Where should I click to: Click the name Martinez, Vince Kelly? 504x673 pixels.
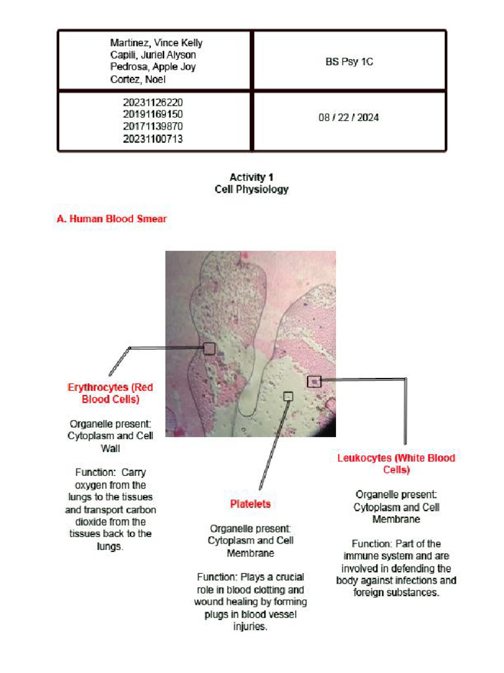(156, 43)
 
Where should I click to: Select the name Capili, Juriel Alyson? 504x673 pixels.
(153, 55)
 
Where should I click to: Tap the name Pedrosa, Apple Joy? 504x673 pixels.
(153, 67)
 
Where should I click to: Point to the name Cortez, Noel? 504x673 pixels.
(138, 80)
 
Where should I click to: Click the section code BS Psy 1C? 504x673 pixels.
(349, 62)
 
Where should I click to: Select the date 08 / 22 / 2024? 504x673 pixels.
(349, 118)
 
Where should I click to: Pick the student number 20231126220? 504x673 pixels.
(153, 103)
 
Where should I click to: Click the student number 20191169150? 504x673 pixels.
(153, 114)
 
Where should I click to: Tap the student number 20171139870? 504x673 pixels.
(153, 126)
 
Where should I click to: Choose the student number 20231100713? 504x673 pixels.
(153, 139)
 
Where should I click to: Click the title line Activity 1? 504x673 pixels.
(251, 177)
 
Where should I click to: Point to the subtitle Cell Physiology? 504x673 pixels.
(251, 189)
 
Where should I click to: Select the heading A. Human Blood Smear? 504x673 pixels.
(111, 219)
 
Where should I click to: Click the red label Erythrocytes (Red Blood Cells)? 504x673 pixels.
(110, 393)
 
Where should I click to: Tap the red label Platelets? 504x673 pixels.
(250, 504)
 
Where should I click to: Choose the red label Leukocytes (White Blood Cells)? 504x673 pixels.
(396, 463)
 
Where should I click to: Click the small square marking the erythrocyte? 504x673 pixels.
(209, 348)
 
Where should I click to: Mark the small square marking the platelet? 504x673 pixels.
(287, 396)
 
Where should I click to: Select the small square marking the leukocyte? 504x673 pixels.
(314, 381)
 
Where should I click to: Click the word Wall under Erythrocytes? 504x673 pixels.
(110, 448)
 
